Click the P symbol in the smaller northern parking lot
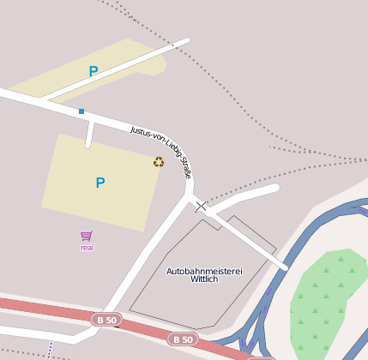coord(94,72)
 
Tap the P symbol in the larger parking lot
coord(100,183)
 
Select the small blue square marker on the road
coord(81,111)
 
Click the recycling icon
coord(159,161)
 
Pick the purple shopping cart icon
coord(87,236)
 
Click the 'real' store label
coord(87,248)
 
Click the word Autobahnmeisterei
coord(204,271)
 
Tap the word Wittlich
coord(204,279)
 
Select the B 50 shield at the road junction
coord(107,320)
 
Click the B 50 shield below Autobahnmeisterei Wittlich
coord(182,339)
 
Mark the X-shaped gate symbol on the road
coord(201,206)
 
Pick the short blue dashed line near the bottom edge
coord(51,348)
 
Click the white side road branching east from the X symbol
coord(249,195)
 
